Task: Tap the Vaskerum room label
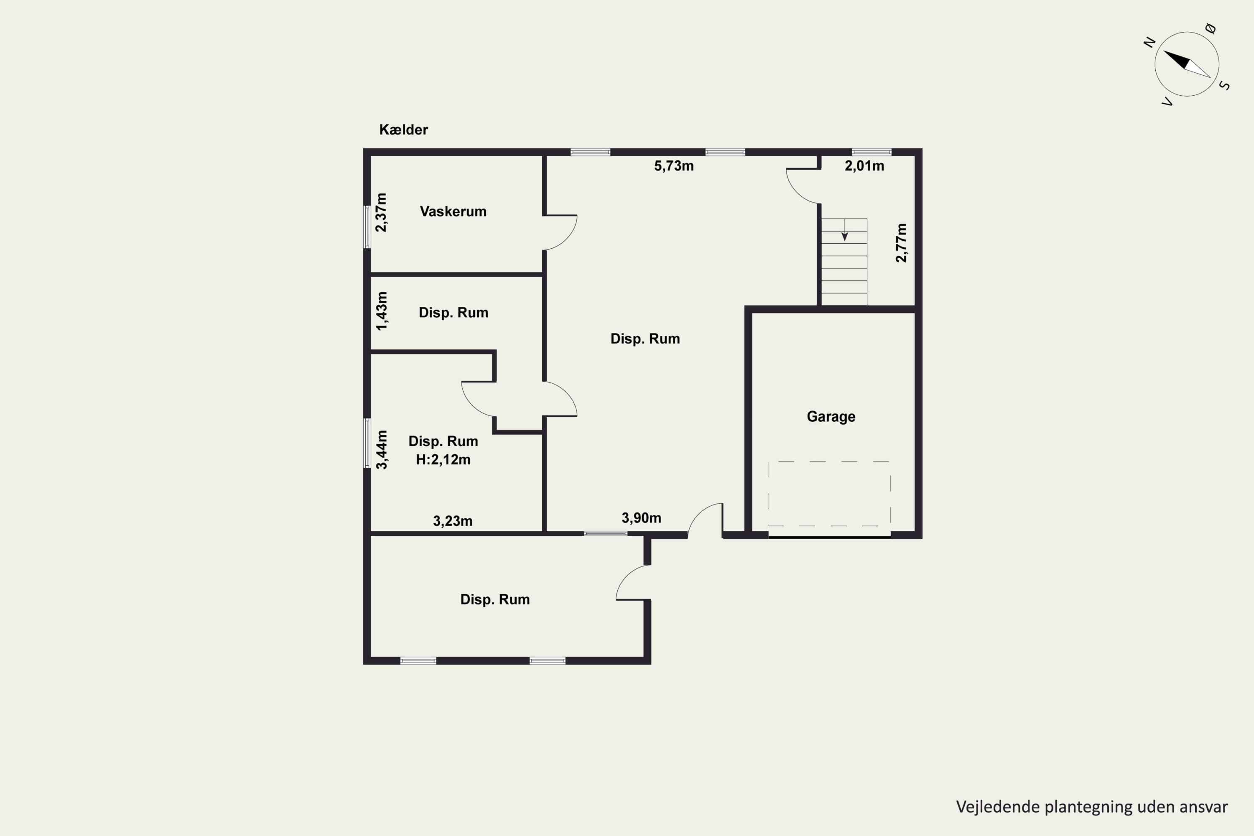pos(453,212)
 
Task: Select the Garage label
pos(831,417)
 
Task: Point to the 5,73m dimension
pos(674,166)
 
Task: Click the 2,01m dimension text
pos(864,166)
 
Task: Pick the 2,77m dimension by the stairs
pos(901,243)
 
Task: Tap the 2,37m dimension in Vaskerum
pos(381,213)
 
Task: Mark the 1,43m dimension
pos(382,311)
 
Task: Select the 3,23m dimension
pos(453,521)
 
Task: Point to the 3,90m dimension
pos(641,518)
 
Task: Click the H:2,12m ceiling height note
pos(443,459)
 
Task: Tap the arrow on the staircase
pos(844,230)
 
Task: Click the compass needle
pos(1187,64)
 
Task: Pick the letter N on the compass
pos(1150,42)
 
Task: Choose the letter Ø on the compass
pos(1211,28)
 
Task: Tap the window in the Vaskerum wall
pos(367,227)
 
